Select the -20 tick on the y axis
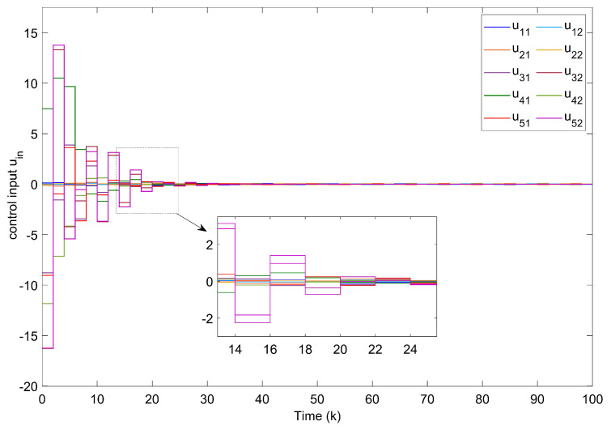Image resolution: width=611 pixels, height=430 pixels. [28, 387]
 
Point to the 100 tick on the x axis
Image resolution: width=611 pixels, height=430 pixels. [592, 399]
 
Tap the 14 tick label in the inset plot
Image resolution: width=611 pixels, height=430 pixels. [235, 349]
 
